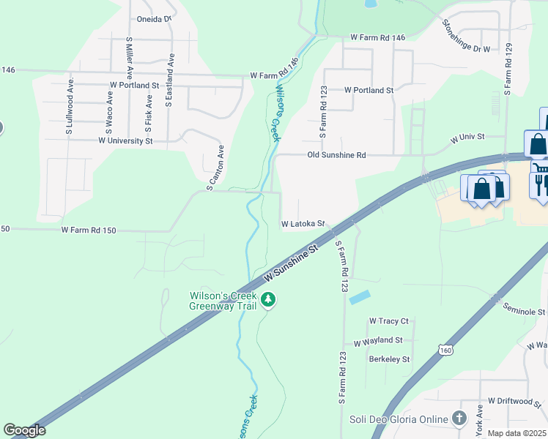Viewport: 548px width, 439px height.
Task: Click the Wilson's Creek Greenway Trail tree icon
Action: click(269, 300)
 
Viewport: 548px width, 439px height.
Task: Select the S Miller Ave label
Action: click(129, 58)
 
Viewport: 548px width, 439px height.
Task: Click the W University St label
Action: click(125, 140)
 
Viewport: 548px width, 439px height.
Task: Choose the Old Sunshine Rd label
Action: click(336, 155)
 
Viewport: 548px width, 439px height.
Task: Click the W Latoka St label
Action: click(303, 224)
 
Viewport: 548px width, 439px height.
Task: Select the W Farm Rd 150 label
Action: click(89, 230)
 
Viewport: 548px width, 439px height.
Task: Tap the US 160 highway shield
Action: click(445, 350)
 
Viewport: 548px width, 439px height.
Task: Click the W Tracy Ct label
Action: click(388, 321)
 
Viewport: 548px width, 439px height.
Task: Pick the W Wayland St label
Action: click(378, 341)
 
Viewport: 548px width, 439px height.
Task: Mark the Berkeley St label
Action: click(389, 359)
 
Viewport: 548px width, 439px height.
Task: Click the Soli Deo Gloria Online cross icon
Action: click(459, 419)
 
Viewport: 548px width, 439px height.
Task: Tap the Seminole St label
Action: click(525, 312)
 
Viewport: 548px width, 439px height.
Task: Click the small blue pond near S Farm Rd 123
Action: click(360, 298)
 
